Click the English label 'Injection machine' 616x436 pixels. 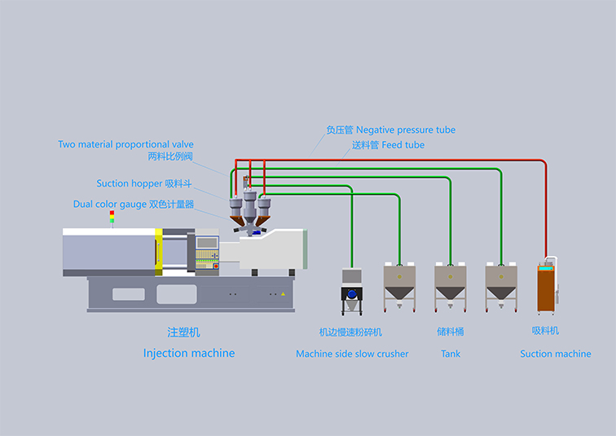pos(189,353)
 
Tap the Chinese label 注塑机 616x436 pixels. pos(183,333)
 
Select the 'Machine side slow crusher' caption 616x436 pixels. pos(352,354)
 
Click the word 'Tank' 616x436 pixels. pos(451,354)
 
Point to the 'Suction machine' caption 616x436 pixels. pos(556,354)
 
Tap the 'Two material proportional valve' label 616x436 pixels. pos(125,144)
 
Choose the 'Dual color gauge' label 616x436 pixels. pos(110,205)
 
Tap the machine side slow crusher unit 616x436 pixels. pos(352,293)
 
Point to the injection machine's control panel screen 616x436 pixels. pos(207,242)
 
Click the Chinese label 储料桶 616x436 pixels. pos(451,333)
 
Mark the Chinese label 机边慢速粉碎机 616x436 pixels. pos(350,333)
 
